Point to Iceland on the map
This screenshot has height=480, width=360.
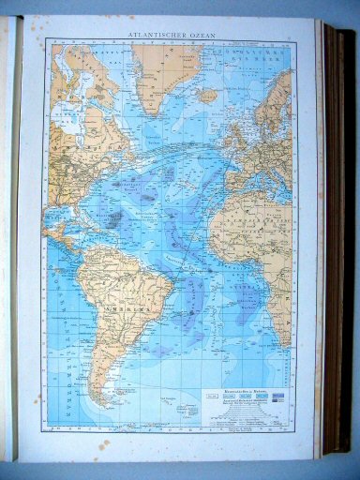(x=209, y=94)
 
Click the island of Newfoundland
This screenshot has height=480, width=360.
(x=130, y=141)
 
